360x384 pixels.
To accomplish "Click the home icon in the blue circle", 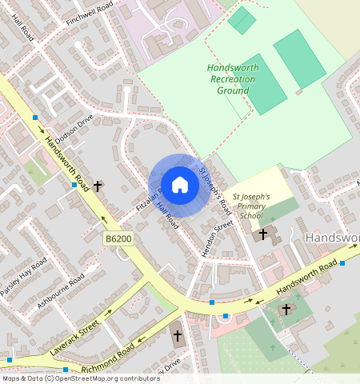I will pyautogui.click(x=180, y=185).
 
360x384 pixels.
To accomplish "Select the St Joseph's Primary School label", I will pyautogui.click(x=251, y=206).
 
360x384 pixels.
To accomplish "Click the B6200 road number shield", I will pyautogui.click(x=118, y=238).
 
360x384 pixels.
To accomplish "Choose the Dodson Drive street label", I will pyautogui.click(x=74, y=127).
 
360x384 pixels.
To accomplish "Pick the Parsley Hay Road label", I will pyautogui.click(x=24, y=278).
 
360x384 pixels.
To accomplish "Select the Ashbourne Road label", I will pyautogui.click(x=60, y=291).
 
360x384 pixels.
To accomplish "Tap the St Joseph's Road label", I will pyautogui.click(x=214, y=190).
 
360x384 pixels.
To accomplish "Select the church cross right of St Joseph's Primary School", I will pyautogui.click(x=263, y=234).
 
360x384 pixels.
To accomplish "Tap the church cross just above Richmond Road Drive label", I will pyautogui.click(x=177, y=336).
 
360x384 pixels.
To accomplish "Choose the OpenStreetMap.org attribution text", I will pyautogui.click(x=80, y=378).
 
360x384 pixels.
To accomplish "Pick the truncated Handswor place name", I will pyautogui.click(x=332, y=238).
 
